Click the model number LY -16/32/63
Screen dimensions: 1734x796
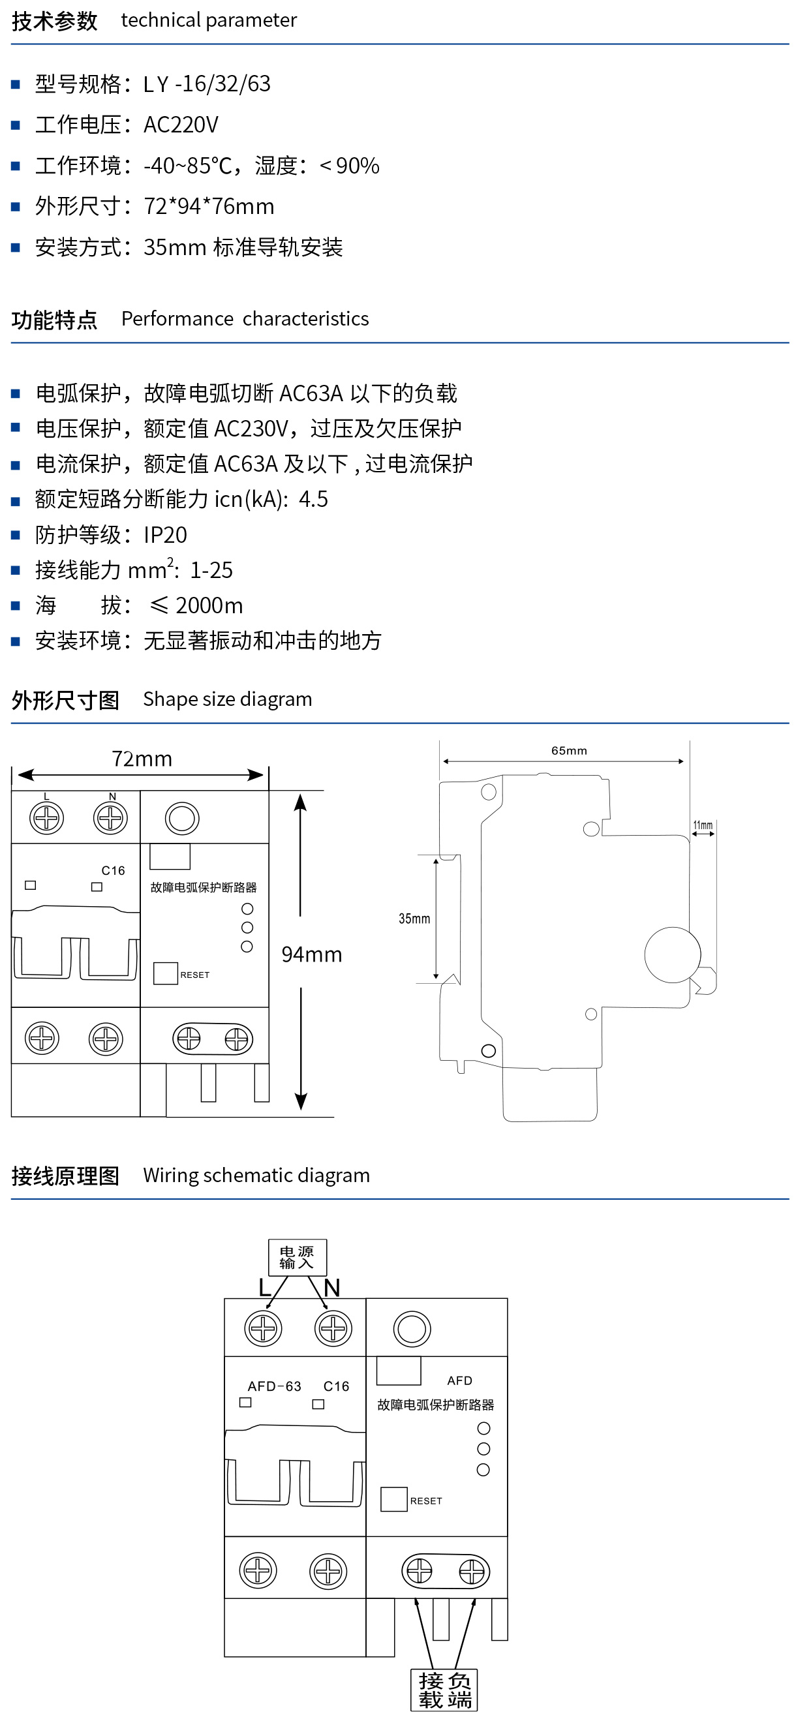pos(207,84)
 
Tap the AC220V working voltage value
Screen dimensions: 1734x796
pos(181,125)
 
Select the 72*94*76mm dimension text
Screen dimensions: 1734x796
pos(209,207)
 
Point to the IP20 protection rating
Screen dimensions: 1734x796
pos(165,535)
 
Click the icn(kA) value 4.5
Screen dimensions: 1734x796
pos(313,500)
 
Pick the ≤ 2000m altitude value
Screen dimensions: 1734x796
pos(196,606)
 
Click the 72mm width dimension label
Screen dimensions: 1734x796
pos(142,759)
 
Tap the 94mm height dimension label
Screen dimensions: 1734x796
pos(311,954)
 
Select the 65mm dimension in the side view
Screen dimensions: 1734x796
pos(569,750)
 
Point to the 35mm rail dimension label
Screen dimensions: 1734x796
pos(414,919)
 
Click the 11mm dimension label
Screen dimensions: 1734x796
pos(703,825)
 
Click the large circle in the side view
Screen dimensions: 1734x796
pos(672,954)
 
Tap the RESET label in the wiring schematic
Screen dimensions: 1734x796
pos(425,1501)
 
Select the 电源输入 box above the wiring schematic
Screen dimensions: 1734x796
pos(297,1257)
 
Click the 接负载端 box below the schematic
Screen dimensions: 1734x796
pos(444,1690)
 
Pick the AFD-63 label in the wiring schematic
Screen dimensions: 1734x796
pos(274,1387)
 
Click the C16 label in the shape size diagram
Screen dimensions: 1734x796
pos(113,871)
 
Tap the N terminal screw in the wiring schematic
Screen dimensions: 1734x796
pos(333,1329)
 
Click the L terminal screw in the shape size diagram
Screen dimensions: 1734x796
pos(46,819)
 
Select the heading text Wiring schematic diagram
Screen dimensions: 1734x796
pos(256,1176)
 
